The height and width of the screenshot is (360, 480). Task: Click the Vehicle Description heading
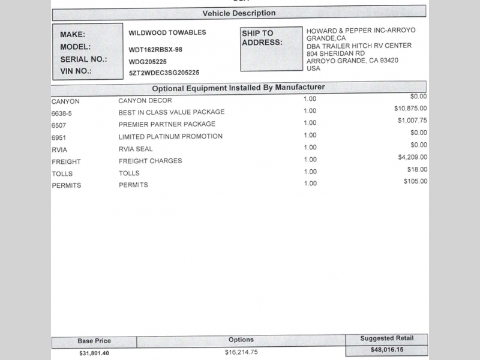pyautogui.click(x=239, y=13)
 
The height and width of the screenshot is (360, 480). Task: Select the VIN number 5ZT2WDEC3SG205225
pyautogui.click(x=164, y=73)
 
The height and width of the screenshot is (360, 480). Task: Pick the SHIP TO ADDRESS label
pyautogui.click(x=262, y=38)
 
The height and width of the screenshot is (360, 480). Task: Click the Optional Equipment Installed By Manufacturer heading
pyautogui.click(x=238, y=88)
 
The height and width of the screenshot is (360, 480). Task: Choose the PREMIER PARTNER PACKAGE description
pyautogui.click(x=167, y=124)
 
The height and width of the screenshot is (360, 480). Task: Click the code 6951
pyautogui.click(x=59, y=137)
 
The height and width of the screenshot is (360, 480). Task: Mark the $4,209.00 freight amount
pyautogui.click(x=412, y=158)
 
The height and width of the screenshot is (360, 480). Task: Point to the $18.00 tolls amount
pyautogui.click(x=416, y=170)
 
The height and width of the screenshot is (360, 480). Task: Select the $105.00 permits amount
pyautogui.click(x=415, y=182)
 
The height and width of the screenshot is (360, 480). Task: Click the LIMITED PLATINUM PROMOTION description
pyautogui.click(x=170, y=137)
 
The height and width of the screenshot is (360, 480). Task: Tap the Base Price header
pyautogui.click(x=94, y=341)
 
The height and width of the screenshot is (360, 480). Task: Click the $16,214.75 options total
pyautogui.click(x=241, y=352)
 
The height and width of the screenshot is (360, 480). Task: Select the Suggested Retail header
pyautogui.click(x=386, y=339)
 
